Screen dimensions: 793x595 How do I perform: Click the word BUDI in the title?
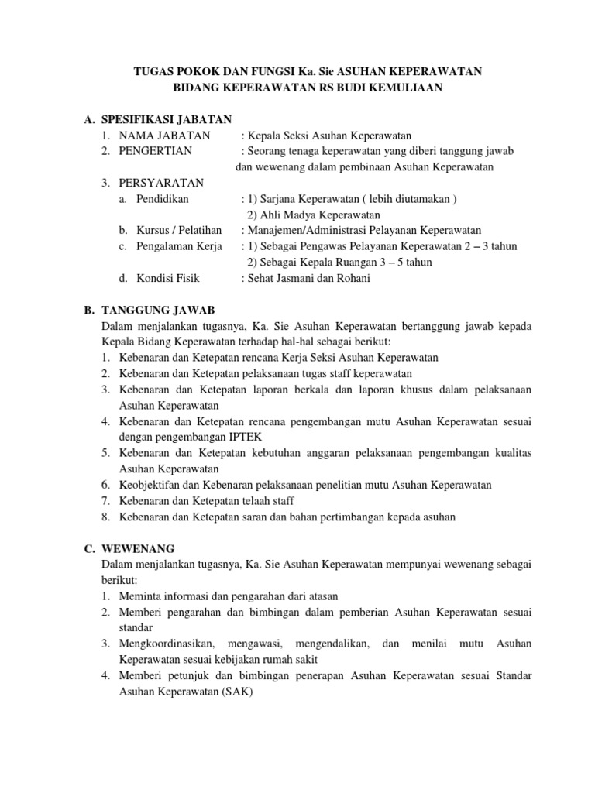click(x=363, y=88)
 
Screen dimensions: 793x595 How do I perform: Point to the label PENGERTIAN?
click(x=153, y=150)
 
